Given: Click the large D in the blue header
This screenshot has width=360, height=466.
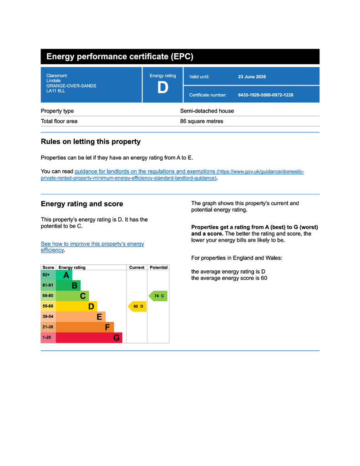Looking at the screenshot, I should [x=162, y=87].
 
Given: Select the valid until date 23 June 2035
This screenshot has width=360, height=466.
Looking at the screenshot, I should [x=252, y=77].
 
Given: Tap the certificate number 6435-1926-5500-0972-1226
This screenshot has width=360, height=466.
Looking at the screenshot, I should [x=265, y=95].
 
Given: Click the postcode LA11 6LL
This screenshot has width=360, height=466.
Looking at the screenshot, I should [x=56, y=91].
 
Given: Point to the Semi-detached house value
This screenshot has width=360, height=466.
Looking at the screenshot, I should [x=207, y=111].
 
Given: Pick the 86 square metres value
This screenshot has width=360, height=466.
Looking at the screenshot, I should [x=202, y=122].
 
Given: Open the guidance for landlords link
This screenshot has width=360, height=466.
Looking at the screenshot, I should [x=144, y=172].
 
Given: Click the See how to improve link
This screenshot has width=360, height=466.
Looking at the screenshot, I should [x=92, y=244].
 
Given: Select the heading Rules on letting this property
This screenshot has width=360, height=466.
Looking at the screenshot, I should [x=91, y=142].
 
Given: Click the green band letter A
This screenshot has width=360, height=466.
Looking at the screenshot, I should [x=66, y=275].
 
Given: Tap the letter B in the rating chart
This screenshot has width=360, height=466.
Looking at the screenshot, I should [x=75, y=286].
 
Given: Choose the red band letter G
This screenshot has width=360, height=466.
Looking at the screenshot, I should [x=117, y=338].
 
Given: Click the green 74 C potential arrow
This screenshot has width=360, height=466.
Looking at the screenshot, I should [x=158, y=296].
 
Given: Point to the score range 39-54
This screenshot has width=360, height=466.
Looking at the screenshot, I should [x=48, y=317].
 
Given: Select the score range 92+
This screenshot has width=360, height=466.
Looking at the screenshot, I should [x=46, y=275].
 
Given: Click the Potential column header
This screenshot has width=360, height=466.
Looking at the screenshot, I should [x=158, y=268].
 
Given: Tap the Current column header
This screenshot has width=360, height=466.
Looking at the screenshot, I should [x=137, y=268].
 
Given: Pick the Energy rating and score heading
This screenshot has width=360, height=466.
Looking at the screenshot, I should [x=82, y=204].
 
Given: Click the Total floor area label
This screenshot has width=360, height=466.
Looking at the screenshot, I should [x=59, y=122].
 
